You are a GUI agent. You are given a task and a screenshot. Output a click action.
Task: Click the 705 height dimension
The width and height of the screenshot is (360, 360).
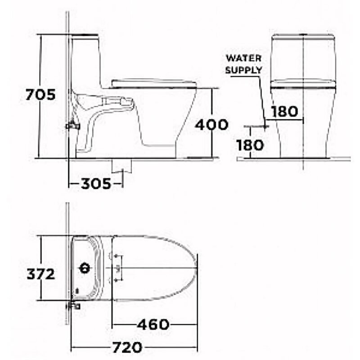tap(40, 94)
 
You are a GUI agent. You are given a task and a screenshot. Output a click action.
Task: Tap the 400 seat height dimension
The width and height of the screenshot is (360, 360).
tap(211, 125)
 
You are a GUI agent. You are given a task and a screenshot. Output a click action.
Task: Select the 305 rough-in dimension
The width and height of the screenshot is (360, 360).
tap(96, 184)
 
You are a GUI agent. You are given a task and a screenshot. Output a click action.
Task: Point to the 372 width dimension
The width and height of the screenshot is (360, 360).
tap(41, 274)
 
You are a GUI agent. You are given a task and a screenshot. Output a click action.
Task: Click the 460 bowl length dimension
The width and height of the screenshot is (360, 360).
tap(153, 324)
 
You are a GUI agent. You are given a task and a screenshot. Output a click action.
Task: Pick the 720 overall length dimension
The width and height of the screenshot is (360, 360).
tap(127, 347)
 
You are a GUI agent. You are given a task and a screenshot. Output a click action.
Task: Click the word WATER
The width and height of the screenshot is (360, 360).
tap(243, 58)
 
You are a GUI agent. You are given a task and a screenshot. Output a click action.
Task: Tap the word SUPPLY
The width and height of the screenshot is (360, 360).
tap(243, 70)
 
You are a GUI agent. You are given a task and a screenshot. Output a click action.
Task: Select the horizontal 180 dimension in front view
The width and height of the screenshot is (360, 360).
tap(285, 111)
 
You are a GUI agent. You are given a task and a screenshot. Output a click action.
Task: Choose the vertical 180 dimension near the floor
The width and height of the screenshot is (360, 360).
tap(250, 145)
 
